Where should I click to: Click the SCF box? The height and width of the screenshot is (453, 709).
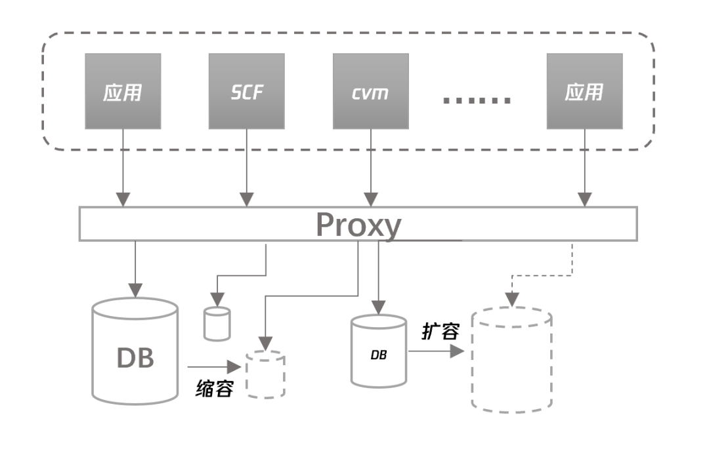click(x=247, y=91)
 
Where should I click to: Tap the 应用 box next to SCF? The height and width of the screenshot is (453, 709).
click(x=123, y=91)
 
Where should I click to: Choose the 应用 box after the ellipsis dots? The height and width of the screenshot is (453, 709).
click(x=584, y=91)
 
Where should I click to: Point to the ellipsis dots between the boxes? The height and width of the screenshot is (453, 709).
click(x=477, y=100)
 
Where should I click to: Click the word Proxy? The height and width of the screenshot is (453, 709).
click(x=358, y=225)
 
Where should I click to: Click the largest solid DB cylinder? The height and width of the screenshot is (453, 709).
click(x=135, y=350)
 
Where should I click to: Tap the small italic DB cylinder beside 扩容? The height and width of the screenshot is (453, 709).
click(x=379, y=351)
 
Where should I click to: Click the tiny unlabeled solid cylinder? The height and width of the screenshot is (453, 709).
click(x=217, y=323)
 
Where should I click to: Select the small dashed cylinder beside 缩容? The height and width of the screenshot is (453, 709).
click(x=265, y=374)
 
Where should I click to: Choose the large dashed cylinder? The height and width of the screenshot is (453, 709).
click(x=511, y=359)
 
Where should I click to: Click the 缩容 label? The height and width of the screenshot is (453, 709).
click(x=215, y=389)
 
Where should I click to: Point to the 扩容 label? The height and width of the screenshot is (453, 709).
click(x=439, y=331)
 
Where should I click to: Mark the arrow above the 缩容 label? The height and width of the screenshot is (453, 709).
click(x=213, y=366)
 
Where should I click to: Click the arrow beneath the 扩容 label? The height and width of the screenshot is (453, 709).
click(x=436, y=351)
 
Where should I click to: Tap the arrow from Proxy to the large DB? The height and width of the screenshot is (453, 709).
click(x=135, y=269)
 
